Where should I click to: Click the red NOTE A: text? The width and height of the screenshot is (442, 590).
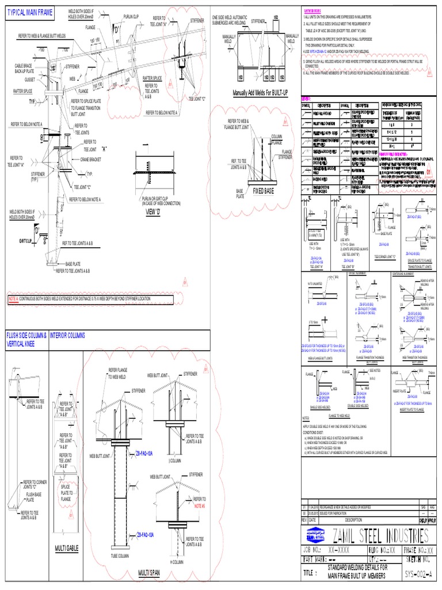tap(13, 300)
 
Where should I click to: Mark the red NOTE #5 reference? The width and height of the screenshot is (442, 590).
tap(200, 505)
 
